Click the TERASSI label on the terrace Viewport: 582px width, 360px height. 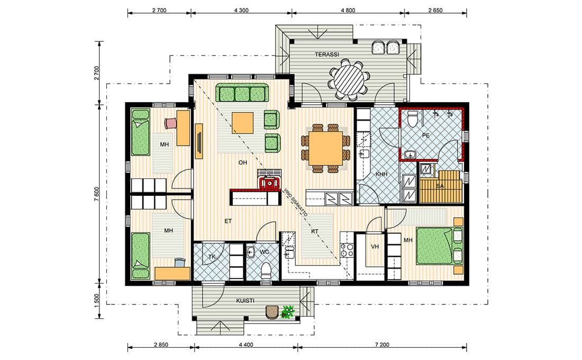pyautogui.click(x=326, y=54)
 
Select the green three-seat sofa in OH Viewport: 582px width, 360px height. pyautogui.click(x=242, y=93)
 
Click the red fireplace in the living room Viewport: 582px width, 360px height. pyautogui.click(x=269, y=183)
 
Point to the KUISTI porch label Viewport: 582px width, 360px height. pyautogui.click(x=245, y=300)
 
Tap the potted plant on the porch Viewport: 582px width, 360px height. pyautogui.click(x=288, y=311)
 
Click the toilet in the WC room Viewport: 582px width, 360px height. pyautogui.click(x=266, y=271)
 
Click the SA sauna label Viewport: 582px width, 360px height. pyautogui.click(x=440, y=186)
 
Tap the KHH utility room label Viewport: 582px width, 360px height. pyautogui.click(x=381, y=174)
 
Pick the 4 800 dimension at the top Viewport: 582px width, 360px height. pyautogui.click(x=348, y=11)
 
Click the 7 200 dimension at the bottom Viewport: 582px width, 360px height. pyautogui.click(x=382, y=345)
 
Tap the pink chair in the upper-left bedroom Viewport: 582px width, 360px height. pyautogui.click(x=170, y=123)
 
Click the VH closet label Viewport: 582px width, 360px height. pyautogui.click(x=375, y=246)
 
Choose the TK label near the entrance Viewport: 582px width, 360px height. pyautogui.click(x=212, y=257)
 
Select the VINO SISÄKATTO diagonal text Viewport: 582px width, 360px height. pyautogui.click(x=295, y=202)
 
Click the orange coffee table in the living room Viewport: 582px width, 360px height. pyautogui.click(x=243, y=123)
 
